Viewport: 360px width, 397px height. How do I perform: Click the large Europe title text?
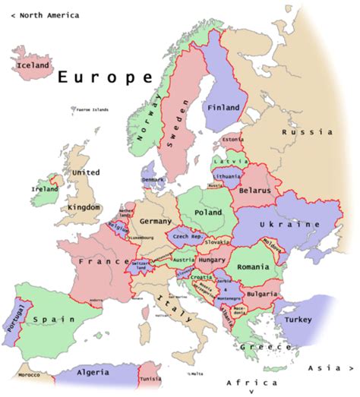pyautogui.click(x=105, y=77)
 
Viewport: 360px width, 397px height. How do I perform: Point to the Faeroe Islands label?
pyautogui.click(x=93, y=109)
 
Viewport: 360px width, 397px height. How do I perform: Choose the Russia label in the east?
pyautogui.click(x=307, y=132)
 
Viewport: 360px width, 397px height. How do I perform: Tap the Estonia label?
pyautogui.click(x=234, y=140)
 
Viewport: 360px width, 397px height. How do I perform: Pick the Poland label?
pyautogui.click(x=207, y=213)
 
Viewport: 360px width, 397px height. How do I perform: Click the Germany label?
pyautogui.click(x=156, y=221)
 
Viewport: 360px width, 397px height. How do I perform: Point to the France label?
pyautogui.click(x=103, y=261)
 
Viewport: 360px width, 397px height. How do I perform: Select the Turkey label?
pyautogui.click(x=298, y=320)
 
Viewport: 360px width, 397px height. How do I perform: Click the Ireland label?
pyautogui.click(x=44, y=188)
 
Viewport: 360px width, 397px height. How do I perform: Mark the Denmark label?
pyautogui.click(x=152, y=180)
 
